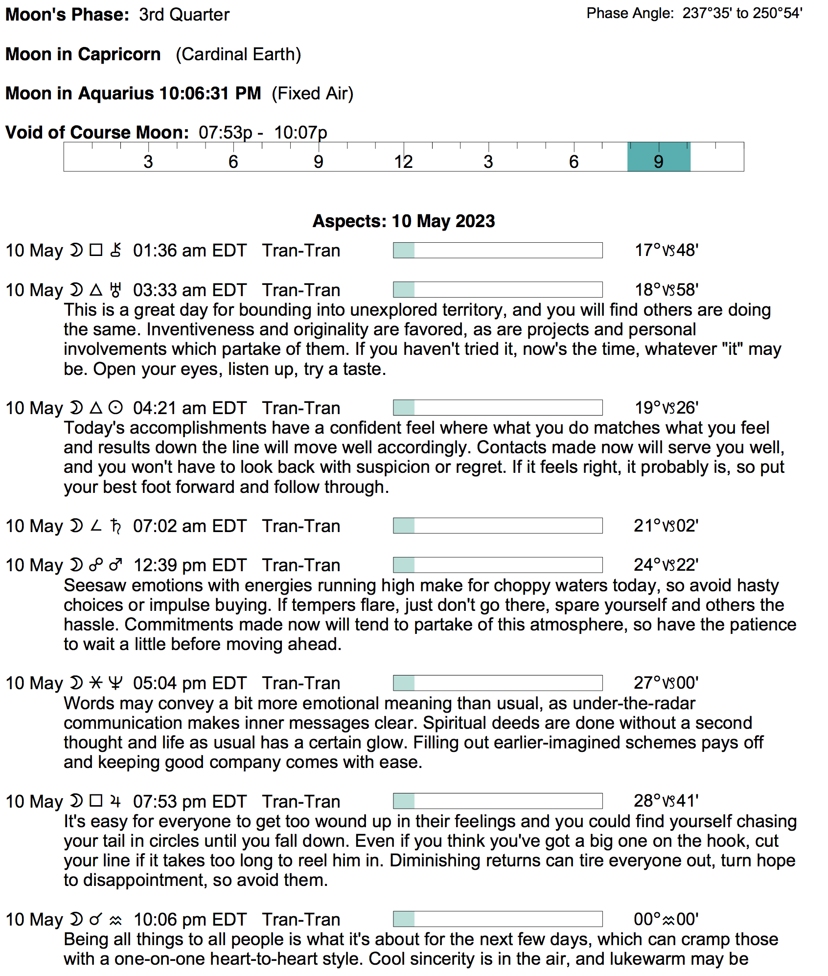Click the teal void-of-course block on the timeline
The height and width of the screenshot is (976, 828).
point(659,157)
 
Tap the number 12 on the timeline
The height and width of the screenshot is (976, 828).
point(404,162)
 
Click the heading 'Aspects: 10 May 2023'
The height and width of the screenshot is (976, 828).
point(404,221)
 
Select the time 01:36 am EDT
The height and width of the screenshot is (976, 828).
point(190,251)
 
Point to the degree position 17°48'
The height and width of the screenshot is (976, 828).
point(666,250)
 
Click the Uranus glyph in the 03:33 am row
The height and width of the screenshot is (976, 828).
point(115,290)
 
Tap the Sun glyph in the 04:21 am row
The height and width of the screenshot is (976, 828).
point(115,408)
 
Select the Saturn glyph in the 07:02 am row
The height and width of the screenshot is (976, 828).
point(115,526)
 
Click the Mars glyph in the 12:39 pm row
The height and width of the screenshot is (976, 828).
point(115,565)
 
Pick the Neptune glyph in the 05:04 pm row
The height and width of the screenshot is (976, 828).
point(115,683)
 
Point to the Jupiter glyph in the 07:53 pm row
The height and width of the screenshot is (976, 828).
point(115,801)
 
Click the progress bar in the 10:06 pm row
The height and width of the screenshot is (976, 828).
point(498,919)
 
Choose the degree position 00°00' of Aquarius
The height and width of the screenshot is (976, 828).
point(666,919)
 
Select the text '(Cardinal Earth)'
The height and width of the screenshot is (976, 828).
point(238,54)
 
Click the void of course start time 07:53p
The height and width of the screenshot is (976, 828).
point(226,133)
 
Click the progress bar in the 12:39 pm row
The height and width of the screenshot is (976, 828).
point(498,565)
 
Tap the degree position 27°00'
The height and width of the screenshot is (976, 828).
point(666,683)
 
